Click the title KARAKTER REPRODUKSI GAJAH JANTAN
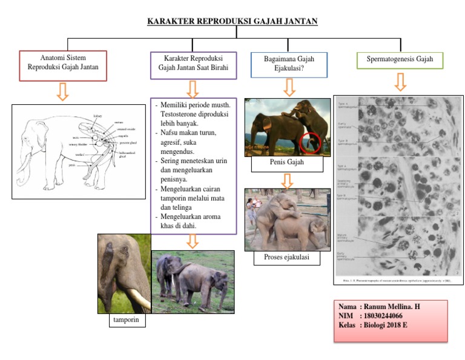232,22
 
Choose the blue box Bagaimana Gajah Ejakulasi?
289,64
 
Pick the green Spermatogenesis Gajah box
400,59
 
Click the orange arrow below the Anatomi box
62,92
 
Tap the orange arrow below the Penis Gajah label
288,180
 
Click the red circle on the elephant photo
310,143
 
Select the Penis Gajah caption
287,162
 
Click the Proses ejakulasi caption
287,258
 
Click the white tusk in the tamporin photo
139,300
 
